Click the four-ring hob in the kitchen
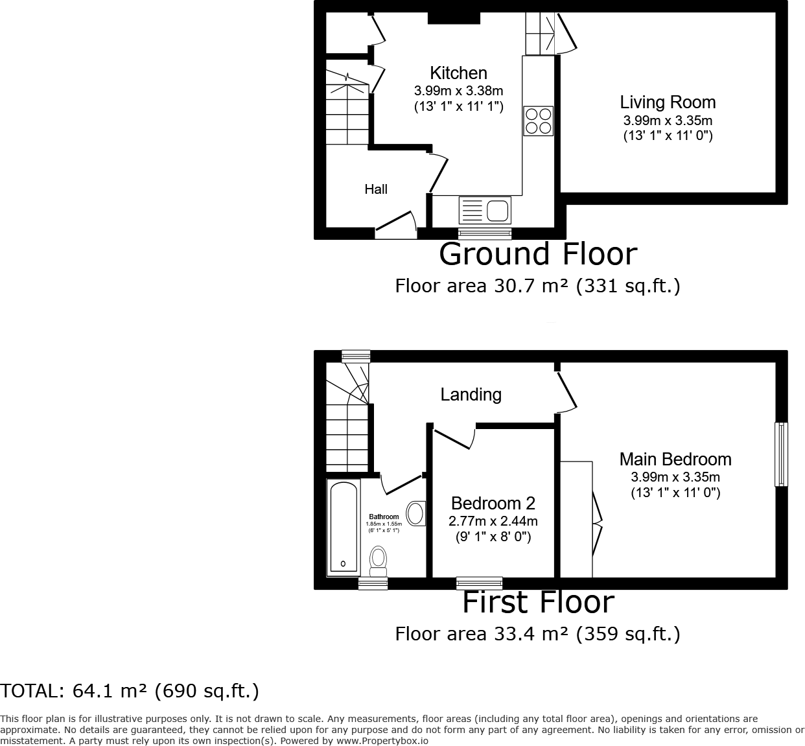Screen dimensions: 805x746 (x=539, y=121)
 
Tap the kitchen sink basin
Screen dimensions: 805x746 (x=497, y=211)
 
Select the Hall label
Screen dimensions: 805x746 (x=376, y=189)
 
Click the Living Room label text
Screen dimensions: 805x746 (x=668, y=102)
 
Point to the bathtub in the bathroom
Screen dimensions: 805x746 (x=344, y=527)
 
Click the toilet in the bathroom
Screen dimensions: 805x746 (x=378, y=561)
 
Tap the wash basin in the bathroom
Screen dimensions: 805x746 (x=416, y=513)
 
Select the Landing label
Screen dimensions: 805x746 (x=471, y=395)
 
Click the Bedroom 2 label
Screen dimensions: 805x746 (x=493, y=503)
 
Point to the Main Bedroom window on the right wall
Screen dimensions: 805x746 (x=781, y=454)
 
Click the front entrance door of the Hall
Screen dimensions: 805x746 (x=396, y=226)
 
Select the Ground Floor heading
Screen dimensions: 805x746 (x=539, y=254)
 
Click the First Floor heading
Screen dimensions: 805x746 (x=539, y=603)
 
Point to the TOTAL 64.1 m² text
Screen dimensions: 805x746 (x=129, y=691)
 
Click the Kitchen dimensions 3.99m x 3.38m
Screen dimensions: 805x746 (x=458, y=90)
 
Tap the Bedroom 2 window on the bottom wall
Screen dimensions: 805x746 (x=480, y=583)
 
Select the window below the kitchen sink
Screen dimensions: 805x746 (x=485, y=233)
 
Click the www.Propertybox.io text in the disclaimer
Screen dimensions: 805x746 (x=382, y=741)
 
